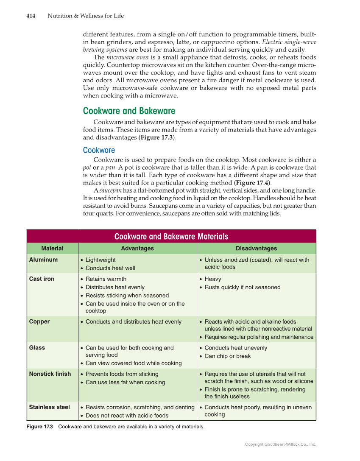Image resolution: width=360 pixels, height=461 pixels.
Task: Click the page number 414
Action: point(31,16)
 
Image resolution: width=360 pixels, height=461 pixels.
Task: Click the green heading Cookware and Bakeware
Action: point(129,111)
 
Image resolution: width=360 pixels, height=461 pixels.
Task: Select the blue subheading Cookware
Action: point(99,150)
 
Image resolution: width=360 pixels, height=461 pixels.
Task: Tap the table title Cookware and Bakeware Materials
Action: point(171,237)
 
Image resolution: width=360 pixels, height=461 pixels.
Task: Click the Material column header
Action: point(52,249)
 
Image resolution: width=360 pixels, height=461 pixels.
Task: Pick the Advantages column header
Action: point(137,249)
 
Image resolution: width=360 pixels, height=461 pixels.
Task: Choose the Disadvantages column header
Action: point(256,249)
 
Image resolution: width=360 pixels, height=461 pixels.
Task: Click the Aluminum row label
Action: point(43,260)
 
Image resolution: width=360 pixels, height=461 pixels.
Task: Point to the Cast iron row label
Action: point(42,279)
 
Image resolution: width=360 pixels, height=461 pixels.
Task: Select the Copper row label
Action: point(39,321)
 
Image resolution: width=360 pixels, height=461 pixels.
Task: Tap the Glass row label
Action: point(37,347)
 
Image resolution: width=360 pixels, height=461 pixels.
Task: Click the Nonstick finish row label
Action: point(50,374)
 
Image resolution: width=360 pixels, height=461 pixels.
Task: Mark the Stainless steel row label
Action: point(49,407)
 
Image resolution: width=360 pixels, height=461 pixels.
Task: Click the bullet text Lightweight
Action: point(100,260)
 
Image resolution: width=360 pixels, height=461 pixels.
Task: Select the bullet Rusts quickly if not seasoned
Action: point(243,287)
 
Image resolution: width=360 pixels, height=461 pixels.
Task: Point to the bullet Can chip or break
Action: point(228,356)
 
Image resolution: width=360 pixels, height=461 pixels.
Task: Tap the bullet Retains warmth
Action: point(106,279)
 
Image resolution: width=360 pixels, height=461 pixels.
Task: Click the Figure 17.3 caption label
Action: point(39,427)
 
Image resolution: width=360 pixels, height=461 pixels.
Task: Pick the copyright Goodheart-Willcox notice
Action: point(280,444)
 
